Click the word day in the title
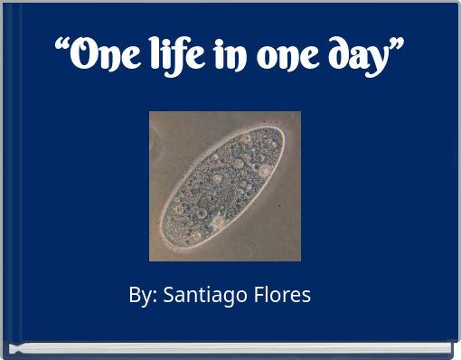[356, 58]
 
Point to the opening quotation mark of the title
[63, 47]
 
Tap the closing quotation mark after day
[394, 46]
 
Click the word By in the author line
[138, 295]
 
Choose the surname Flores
[281, 295]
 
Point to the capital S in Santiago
[168, 295]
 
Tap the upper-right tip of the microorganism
[280, 132]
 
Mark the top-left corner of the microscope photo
[150, 112]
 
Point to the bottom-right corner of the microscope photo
[300, 260]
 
